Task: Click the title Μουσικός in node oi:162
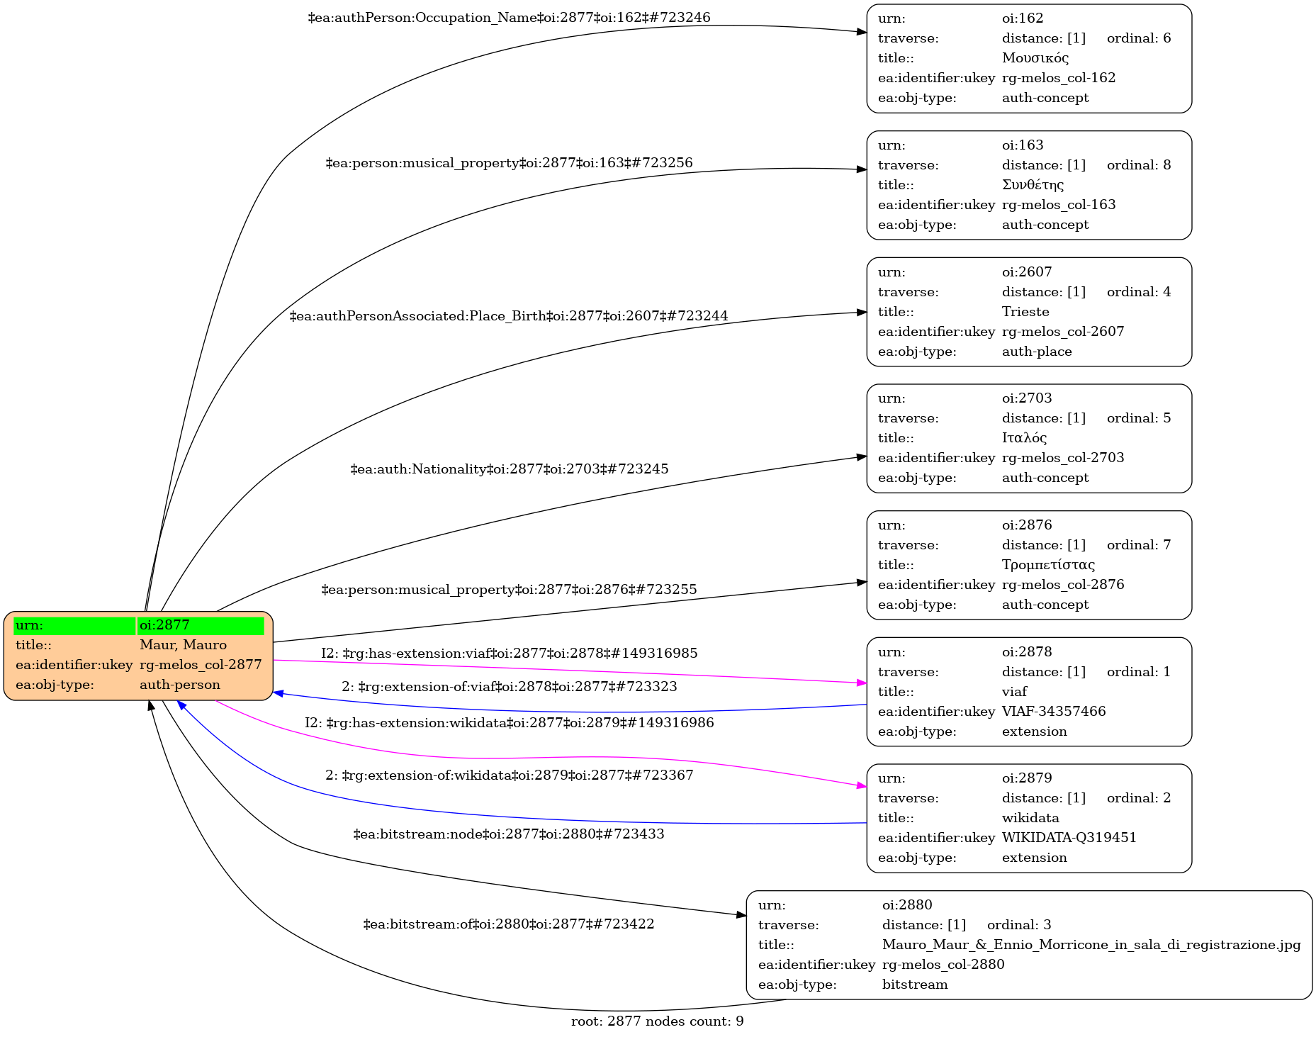[x=1035, y=58]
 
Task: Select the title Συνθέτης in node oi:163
[x=1033, y=185]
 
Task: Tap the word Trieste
[x=1025, y=312]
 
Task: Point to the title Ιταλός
[x=1024, y=438]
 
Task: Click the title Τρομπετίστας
[x=1048, y=565]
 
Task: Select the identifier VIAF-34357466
[x=1053, y=712]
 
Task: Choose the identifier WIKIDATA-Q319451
[x=1069, y=838]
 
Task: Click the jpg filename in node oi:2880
[x=1091, y=945]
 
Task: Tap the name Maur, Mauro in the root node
[x=183, y=645]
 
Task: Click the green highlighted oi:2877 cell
[x=201, y=625]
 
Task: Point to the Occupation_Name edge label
[x=509, y=18]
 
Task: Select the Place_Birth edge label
[x=509, y=316]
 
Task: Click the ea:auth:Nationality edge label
[x=509, y=469]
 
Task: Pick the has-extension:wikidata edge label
[x=509, y=723]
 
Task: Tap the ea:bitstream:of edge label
[x=509, y=924]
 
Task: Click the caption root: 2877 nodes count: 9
[x=657, y=1021]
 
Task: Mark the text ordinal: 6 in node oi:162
[x=1138, y=38]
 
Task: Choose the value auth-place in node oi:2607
[x=1036, y=352]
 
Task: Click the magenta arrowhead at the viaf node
[x=862, y=683]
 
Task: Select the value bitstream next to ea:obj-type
[x=914, y=985]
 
